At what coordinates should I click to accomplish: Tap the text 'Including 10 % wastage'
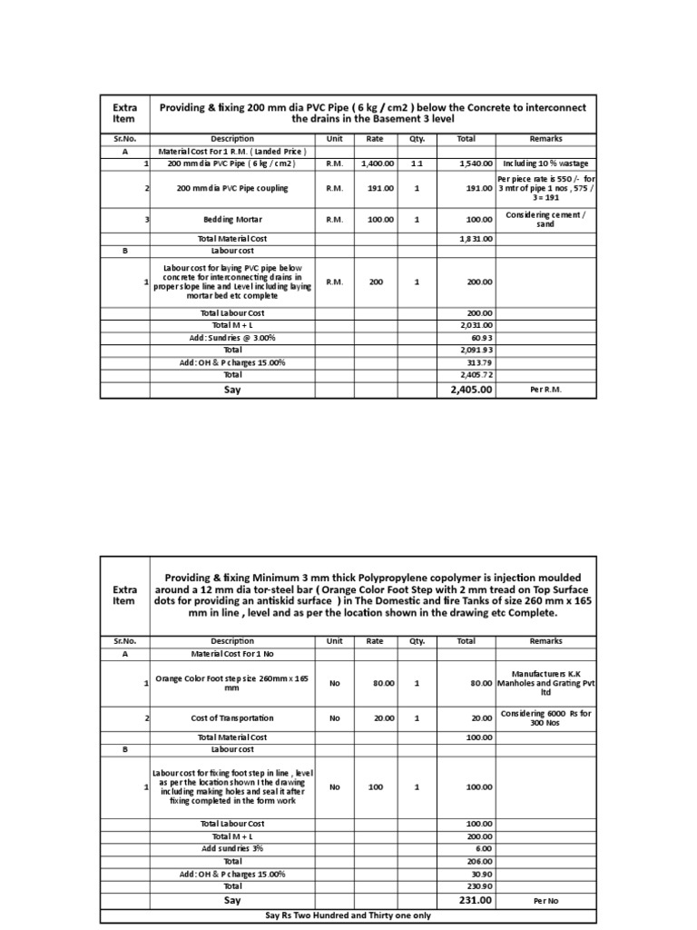[x=545, y=163]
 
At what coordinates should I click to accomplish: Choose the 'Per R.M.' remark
[x=546, y=390]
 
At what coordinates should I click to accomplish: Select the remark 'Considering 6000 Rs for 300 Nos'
[x=546, y=717]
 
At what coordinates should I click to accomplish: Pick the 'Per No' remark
[x=546, y=901]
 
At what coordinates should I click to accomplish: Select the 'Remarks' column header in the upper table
[x=546, y=139]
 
